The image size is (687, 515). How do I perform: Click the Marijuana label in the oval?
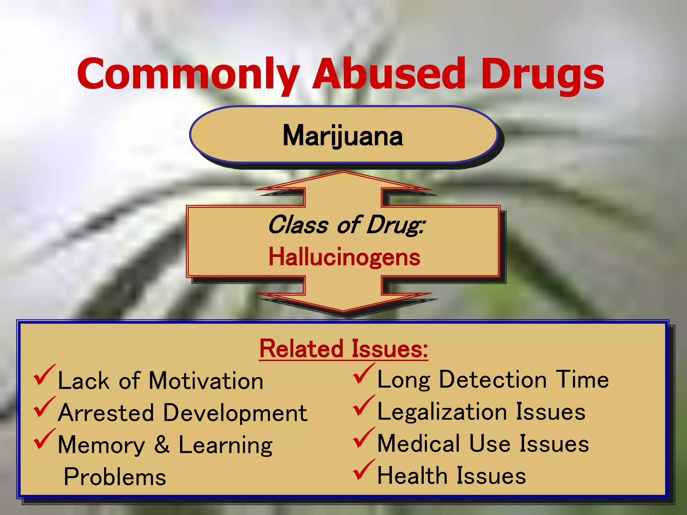(x=343, y=135)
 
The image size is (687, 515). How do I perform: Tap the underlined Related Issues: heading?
(x=343, y=349)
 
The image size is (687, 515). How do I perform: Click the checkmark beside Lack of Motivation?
(x=44, y=376)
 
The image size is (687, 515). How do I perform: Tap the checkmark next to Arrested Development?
(x=44, y=407)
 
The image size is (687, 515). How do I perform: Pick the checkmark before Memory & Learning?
(x=44, y=440)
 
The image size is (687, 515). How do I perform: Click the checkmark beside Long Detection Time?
(x=363, y=374)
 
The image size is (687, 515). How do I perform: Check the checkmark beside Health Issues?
(x=363, y=470)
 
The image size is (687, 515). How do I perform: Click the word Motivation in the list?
(x=206, y=381)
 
